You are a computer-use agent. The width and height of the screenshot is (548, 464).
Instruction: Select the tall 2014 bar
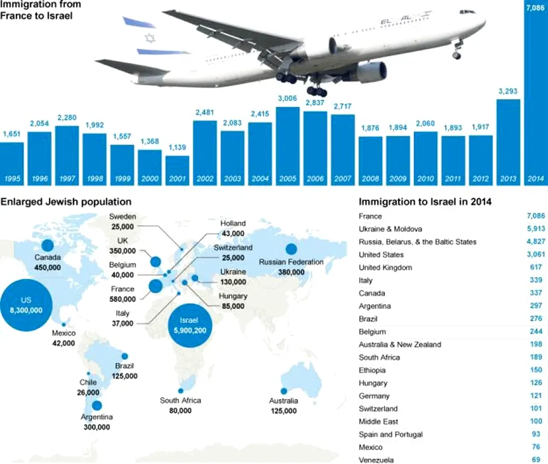[536, 99]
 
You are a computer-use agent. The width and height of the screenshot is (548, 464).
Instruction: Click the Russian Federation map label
[291, 262]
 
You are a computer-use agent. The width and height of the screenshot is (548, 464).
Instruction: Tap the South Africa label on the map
[180, 401]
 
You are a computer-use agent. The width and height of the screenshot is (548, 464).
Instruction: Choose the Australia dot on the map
[283, 390]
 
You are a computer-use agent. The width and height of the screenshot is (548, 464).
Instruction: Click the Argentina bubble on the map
[97, 406]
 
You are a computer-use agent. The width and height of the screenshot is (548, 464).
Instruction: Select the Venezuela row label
[376, 459]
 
